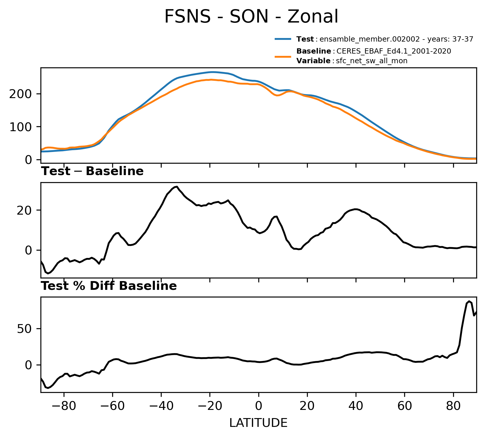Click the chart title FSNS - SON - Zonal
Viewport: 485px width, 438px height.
(x=251, y=17)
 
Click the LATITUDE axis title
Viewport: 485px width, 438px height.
(x=258, y=423)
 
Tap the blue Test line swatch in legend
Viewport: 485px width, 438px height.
(x=283, y=39)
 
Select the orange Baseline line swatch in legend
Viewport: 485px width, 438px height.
(x=283, y=56)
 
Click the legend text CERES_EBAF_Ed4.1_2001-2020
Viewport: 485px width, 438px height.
(x=394, y=51)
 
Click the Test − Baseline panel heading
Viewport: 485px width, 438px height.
(x=92, y=171)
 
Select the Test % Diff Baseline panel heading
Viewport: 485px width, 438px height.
(x=109, y=286)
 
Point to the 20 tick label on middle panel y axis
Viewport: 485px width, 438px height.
(x=24, y=211)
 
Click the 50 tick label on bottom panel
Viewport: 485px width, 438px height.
(x=24, y=329)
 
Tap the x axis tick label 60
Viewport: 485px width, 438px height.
(x=404, y=406)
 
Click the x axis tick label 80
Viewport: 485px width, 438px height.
(x=453, y=406)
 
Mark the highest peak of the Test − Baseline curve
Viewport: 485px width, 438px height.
(x=177, y=187)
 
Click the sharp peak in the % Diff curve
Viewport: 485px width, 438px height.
(x=469, y=301)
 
